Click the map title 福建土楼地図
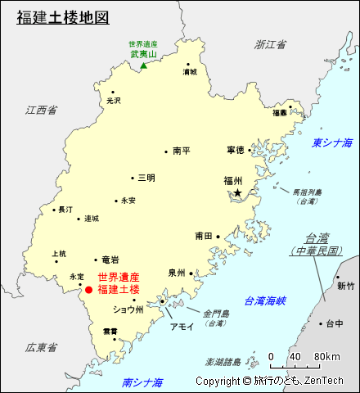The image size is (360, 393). (63, 16)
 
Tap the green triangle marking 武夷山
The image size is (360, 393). (144, 65)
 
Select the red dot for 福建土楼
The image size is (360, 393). (88, 288)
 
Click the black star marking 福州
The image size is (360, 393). (237, 192)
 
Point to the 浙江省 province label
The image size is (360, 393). (271, 44)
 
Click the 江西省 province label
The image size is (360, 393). (41, 109)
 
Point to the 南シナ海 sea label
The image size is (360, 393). (142, 382)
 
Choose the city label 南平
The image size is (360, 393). (182, 151)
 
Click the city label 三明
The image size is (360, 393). (146, 177)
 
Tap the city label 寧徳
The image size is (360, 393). (236, 150)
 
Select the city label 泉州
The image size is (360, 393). (177, 273)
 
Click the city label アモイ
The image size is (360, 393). (181, 326)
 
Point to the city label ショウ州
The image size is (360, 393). (128, 309)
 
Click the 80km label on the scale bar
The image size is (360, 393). (326, 357)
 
